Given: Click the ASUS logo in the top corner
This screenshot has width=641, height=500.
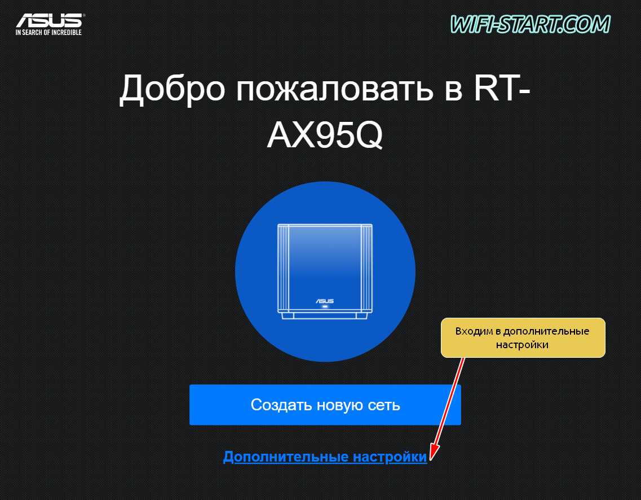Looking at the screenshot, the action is point(49,20).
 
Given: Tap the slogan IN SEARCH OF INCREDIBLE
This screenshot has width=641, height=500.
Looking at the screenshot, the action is point(48,32).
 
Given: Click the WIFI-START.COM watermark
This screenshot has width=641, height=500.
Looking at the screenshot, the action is point(530,24).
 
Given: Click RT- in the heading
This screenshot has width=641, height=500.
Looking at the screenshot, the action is point(502,88).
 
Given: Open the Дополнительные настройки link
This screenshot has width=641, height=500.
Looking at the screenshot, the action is point(325,457).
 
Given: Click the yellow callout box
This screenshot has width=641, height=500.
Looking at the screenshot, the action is point(523,337).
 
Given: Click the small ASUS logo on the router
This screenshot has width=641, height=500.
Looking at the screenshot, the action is point(325,301).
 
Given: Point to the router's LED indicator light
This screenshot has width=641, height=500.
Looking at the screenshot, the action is point(325,306).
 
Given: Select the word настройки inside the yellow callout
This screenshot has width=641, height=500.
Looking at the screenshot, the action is point(522,345).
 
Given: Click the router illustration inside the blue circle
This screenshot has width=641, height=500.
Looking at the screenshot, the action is point(325,271).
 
